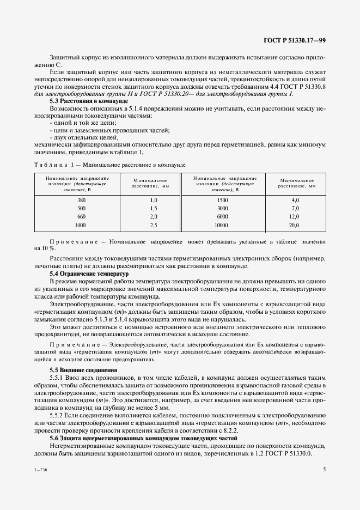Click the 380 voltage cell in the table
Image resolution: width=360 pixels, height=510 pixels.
coord(82,201)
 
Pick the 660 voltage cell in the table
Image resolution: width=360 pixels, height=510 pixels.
coord(82,216)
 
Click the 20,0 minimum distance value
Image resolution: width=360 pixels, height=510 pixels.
coord(294,224)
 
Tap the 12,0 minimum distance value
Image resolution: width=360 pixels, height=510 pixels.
coord(294,216)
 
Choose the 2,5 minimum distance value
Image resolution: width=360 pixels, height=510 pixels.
coord(138,224)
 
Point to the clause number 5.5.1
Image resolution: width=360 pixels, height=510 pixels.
coord(57,378)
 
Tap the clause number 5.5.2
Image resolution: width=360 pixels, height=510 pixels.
coord(57,416)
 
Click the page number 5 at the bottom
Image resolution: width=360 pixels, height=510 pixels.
coord(324,469)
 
